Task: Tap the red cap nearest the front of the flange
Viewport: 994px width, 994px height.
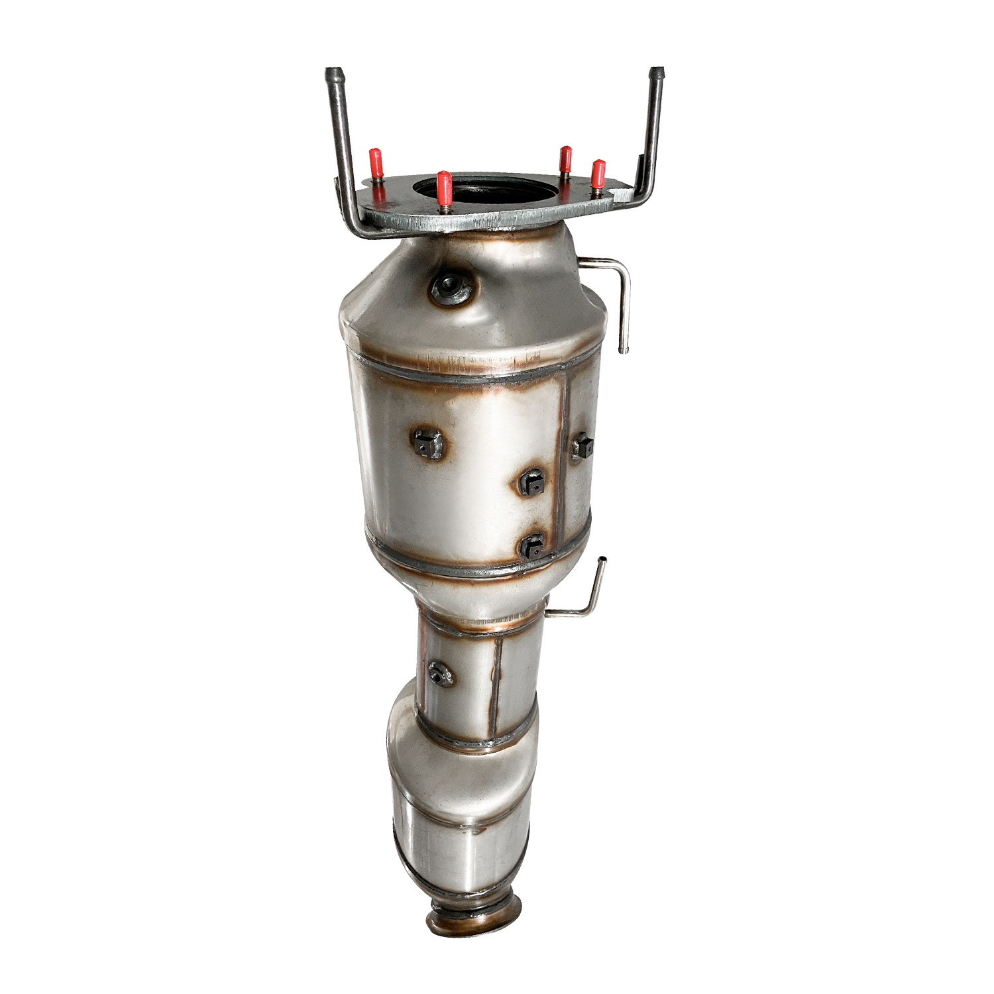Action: (x=444, y=187)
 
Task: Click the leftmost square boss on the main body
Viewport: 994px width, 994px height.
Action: (x=427, y=442)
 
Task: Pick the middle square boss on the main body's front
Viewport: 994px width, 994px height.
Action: (x=531, y=484)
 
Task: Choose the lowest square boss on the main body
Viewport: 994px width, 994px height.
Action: (x=531, y=545)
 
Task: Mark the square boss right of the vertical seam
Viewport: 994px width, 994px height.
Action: (x=581, y=445)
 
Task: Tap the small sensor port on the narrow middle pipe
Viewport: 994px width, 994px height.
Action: (x=438, y=673)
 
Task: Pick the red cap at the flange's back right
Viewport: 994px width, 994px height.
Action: (x=565, y=159)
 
